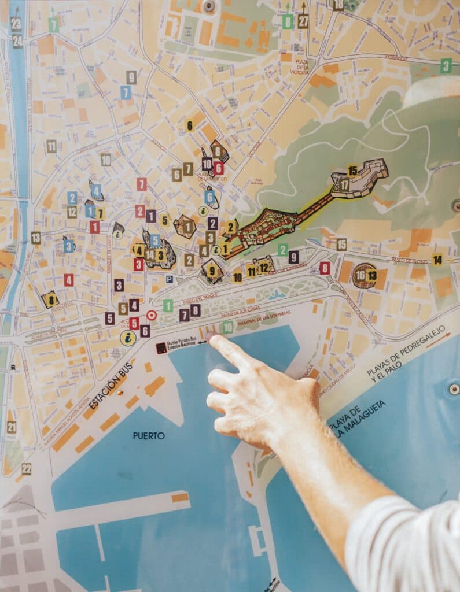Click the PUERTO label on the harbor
(149, 436)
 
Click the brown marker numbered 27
(303, 22)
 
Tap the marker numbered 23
(16, 24)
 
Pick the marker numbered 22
(26, 468)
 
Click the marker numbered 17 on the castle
(344, 185)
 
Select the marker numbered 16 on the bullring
(360, 275)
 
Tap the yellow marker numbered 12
(264, 267)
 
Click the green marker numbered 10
(228, 327)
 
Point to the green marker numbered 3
(446, 65)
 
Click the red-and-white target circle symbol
(151, 315)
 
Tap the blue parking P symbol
(170, 279)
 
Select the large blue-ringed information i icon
(128, 338)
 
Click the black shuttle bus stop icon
(161, 348)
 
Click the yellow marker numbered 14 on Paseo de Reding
(437, 260)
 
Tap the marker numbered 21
(12, 427)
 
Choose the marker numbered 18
(338, 5)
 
